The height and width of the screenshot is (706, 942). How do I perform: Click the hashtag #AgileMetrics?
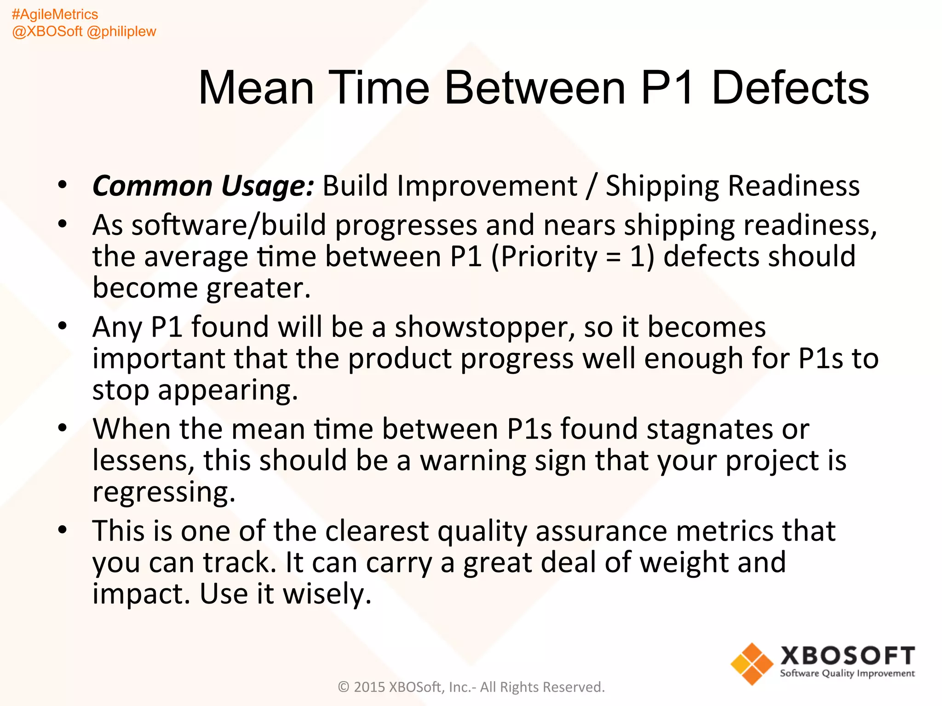tap(55, 14)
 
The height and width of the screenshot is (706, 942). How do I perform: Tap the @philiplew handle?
tap(121, 31)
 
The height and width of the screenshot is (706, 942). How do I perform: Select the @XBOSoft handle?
tap(47, 31)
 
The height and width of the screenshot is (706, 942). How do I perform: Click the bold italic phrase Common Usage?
tap(203, 186)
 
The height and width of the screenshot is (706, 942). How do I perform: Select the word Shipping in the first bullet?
tap(662, 186)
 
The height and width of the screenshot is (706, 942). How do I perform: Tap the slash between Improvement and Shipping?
tap(591, 186)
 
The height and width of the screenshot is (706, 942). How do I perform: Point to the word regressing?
tap(164, 492)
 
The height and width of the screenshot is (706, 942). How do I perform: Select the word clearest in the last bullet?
tap(377, 531)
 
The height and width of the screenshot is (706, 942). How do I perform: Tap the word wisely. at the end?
tap(327, 593)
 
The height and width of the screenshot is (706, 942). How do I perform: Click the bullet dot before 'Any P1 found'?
tap(63, 326)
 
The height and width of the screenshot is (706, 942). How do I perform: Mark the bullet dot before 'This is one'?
tap(63, 530)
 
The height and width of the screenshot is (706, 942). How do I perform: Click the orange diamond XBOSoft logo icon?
tap(752, 664)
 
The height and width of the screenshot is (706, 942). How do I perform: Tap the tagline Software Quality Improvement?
tap(847, 673)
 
